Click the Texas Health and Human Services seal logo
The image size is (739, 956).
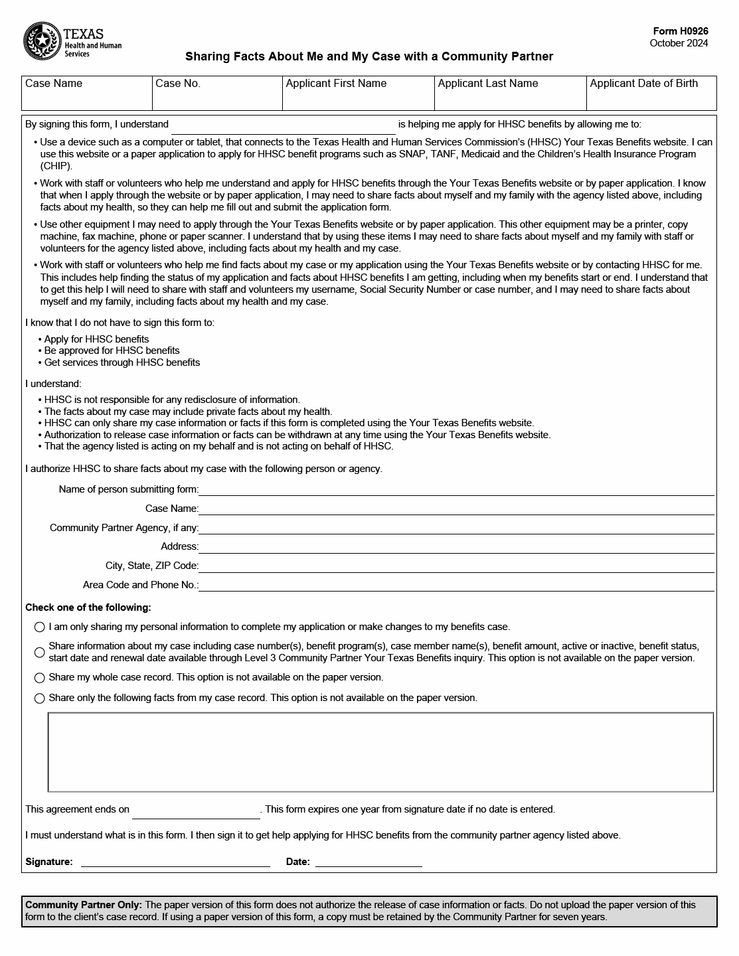pyautogui.click(x=42, y=41)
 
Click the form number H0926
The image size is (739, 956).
pyautogui.click(x=680, y=31)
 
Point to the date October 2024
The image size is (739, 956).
pyautogui.click(x=679, y=43)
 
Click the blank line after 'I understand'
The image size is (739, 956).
pyautogui.click(x=284, y=125)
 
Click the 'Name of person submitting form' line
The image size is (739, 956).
pyautogui.click(x=456, y=489)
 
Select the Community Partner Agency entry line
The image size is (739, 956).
pyautogui.click(x=456, y=528)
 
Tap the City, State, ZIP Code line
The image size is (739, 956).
pyautogui.click(x=456, y=566)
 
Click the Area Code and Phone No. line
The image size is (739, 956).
pyautogui.click(x=456, y=585)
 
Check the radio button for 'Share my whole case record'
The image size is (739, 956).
pyautogui.click(x=40, y=678)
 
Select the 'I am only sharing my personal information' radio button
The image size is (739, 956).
pyautogui.click(x=40, y=627)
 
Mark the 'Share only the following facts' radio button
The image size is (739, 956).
pyautogui.click(x=40, y=698)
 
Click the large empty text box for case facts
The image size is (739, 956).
pyautogui.click(x=380, y=752)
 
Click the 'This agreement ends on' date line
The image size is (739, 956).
pyautogui.click(x=196, y=811)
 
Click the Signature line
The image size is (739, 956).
pyautogui.click(x=175, y=862)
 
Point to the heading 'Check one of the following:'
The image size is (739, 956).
pyautogui.click(x=88, y=607)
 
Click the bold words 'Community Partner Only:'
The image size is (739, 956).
pyautogui.click(x=84, y=905)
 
